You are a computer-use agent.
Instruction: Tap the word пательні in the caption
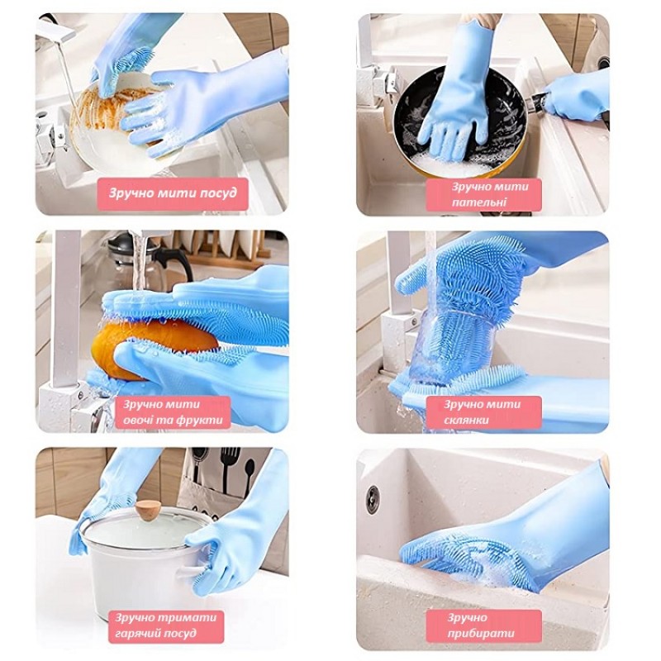[479, 202]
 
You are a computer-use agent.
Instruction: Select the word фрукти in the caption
[200, 421]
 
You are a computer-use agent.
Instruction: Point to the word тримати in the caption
[189, 617]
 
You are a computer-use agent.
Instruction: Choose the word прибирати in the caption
[481, 633]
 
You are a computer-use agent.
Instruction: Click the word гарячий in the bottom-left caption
[140, 633]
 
